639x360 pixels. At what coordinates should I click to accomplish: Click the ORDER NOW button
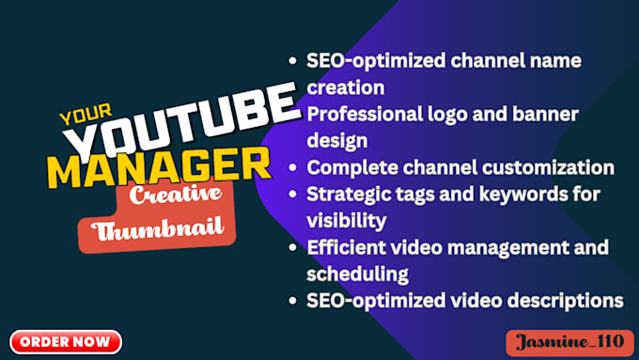[65, 340]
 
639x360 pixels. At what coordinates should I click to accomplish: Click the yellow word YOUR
[79, 117]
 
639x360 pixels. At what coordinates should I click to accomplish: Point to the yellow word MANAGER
[159, 170]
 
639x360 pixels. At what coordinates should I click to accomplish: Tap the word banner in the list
[557, 114]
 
